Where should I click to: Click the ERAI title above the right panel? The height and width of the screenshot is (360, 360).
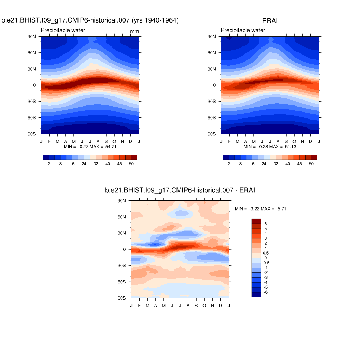coord(270,21)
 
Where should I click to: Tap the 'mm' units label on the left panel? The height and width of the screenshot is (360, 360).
coord(134,32)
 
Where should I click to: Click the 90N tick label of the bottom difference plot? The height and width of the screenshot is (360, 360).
coord(122,201)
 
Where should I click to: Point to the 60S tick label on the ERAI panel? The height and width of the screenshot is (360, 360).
coord(212,118)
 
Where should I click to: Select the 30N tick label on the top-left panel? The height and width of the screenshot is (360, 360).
coord(32,69)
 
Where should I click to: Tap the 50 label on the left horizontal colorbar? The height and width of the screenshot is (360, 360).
coord(131,164)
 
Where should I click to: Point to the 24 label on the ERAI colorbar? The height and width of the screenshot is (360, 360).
coord(264,164)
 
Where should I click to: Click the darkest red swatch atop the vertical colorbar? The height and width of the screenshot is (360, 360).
coord(256,221)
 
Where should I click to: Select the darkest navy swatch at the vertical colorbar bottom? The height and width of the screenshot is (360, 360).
coord(256,294)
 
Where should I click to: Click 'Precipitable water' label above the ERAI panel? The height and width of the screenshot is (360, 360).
coord(243,30)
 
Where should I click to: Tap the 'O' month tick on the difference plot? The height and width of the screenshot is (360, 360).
coord(204,306)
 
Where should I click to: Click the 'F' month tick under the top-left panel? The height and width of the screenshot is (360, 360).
coord(49,141)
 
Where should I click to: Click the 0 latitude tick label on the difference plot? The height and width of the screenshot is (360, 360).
coord(124,250)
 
